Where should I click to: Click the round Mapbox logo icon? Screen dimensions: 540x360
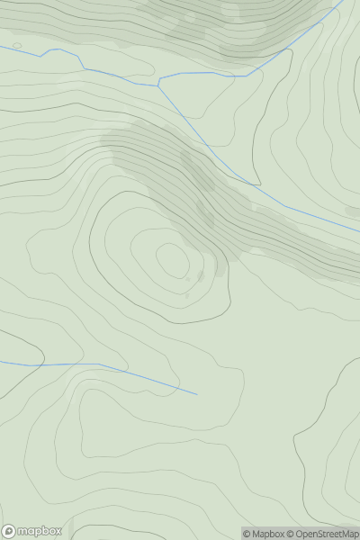click(9, 531)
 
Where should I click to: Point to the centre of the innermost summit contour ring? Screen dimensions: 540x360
click(172, 261)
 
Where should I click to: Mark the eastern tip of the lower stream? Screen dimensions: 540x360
click(196, 393)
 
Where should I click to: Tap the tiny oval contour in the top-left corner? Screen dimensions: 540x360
click(17, 46)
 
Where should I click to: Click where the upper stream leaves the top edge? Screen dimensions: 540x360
click(343, 1)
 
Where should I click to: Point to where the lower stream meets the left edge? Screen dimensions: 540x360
click(1, 362)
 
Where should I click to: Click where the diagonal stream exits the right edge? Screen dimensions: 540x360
click(359, 232)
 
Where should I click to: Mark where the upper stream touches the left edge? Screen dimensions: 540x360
click(1, 46)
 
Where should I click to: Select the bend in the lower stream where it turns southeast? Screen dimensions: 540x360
click(99, 364)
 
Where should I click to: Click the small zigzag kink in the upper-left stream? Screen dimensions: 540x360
click(48, 52)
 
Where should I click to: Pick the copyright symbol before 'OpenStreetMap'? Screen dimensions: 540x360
click(292, 534)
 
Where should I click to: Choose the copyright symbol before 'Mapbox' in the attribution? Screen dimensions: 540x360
click(247, 534)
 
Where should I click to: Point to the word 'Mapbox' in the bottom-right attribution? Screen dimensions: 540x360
click(268, 534)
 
